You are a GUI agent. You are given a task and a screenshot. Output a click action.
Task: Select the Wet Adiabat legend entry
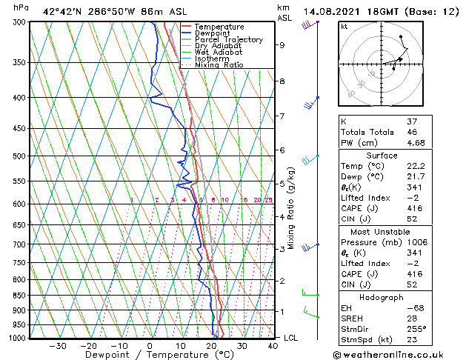click(218, 52)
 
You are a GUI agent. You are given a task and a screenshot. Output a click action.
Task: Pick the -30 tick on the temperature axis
click(57, 345)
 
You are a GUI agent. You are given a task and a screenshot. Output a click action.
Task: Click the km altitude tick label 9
click(282, 45)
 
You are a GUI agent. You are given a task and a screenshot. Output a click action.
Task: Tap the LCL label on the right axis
click(292, 338)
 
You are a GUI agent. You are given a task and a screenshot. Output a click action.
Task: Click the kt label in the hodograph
click(344, 26)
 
